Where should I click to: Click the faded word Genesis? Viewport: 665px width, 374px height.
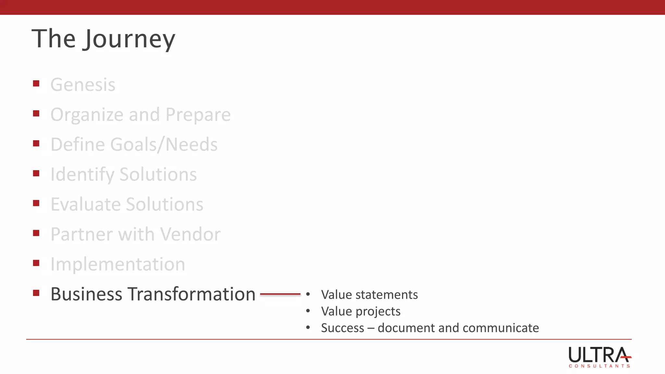(x=83, y=85)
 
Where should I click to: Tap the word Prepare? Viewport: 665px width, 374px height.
(x=198, y=115)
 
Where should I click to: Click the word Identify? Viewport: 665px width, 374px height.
(x=82, y=175)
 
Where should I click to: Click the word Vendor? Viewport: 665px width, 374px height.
(x=190, y=234)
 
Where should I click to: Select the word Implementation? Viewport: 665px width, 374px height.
(x=118, y=264)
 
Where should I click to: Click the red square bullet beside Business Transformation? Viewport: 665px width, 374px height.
(x=36, y=293)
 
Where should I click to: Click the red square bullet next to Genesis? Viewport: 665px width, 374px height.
(x=36, y=84)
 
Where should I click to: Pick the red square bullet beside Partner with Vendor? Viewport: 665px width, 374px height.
(x=36, y=233)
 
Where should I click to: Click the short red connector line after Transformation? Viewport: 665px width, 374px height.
(x=280, y=294)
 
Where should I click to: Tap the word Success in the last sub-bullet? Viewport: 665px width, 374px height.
(x=343, y=328)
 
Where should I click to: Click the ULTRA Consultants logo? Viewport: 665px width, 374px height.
(x=599, y=357)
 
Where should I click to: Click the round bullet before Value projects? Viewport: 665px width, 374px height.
(x=308, y=311)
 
